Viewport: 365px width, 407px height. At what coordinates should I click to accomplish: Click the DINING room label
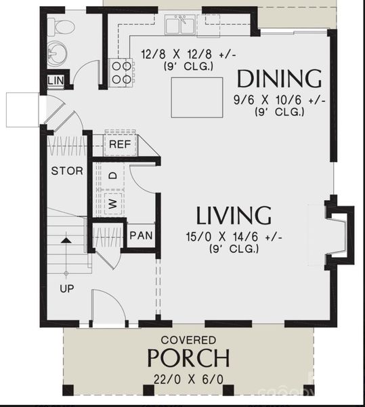pyautogui.click(x=278, y=78)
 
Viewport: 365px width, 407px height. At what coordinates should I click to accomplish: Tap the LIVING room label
pyautogui.click(x=234, y=215)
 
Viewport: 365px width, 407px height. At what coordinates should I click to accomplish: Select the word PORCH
pyautogui.click(x=188, y=357)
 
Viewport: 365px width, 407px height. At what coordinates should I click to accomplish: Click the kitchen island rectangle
pyautogui.click(x=196, y=97)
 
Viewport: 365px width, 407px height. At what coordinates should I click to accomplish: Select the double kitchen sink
pyautogui.click(x=181, y=25)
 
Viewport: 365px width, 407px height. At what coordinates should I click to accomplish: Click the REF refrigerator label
pyautogui.click(x=119, y=144)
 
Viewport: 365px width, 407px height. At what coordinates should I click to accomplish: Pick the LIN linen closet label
pyautogui.click(x=56, y=82)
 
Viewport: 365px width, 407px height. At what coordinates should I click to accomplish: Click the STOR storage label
pyautogui.click(x=67, y=171)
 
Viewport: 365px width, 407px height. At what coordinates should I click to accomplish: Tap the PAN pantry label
pyautogui.click(x=141, y=236)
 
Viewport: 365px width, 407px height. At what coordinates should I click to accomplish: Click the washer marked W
pyautogui.click(x=112, y=203)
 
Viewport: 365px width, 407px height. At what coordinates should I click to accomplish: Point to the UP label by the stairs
pyautogui.click(x=66, y=288)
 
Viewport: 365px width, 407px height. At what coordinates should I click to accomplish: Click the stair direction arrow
pyautogui.click(x=66, y=240)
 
